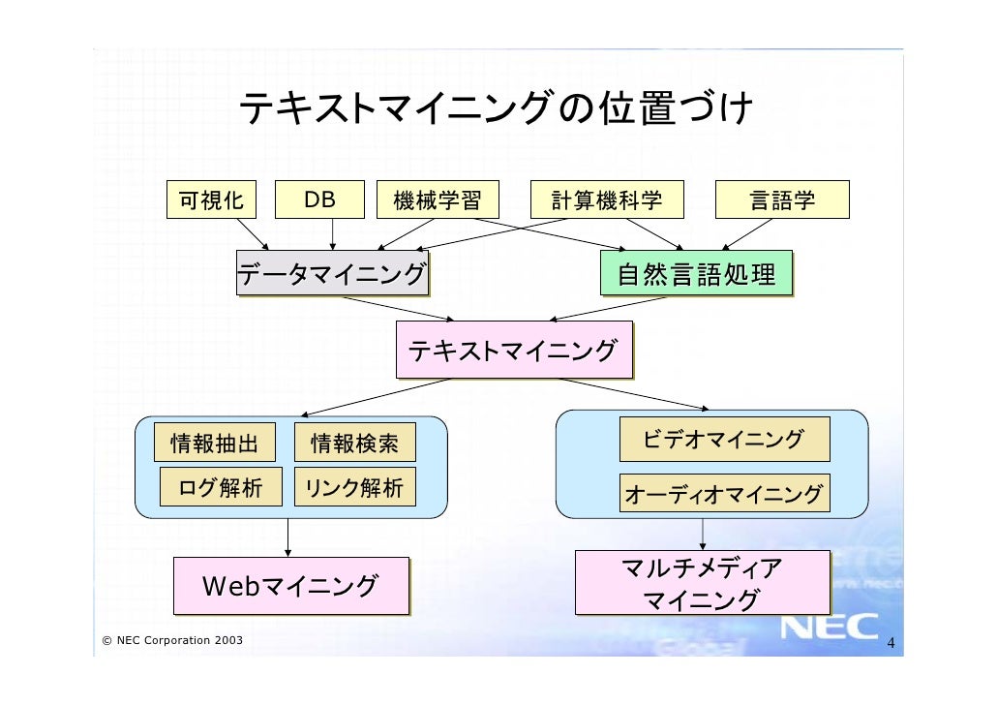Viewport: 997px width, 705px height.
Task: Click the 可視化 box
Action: [x=211, y=200]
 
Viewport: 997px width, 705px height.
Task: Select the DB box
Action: [x=319, y=200]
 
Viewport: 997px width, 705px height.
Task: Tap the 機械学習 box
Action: [x=433, y=200]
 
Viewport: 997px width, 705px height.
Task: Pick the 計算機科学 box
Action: [x=607, y=200]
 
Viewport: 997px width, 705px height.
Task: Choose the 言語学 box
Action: [x=782, y=200]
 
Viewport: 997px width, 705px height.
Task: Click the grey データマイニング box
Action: [x=332, y=274]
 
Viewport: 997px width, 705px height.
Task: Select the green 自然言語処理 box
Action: [x=696, y=274]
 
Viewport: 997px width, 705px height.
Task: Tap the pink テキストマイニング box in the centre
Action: [x=513, y=350]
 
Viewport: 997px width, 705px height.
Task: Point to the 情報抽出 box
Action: [x=215, y=444]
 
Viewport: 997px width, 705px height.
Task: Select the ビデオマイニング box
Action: [x=724, y=440]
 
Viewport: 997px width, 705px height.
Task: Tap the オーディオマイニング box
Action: [x=724, y=494]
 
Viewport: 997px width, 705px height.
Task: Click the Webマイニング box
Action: [x=290, y=586]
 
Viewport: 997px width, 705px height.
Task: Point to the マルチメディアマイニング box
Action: [x=702, y=583]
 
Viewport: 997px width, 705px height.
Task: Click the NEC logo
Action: [x=830, y=628]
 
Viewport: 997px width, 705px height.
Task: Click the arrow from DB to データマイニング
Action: [x=333, y=233]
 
